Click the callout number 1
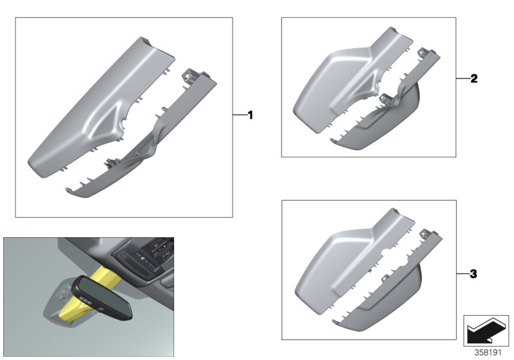tap(251, 115)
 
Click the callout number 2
tap(474, 78)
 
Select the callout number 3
tap(474, 274)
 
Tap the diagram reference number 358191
tap(488, 352)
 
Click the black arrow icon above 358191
tap(485, 331)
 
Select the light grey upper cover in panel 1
tap(98, 108)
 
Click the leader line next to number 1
tap(240, 115)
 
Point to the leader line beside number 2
tap(463, 78)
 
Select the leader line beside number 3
tap(463, 274)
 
